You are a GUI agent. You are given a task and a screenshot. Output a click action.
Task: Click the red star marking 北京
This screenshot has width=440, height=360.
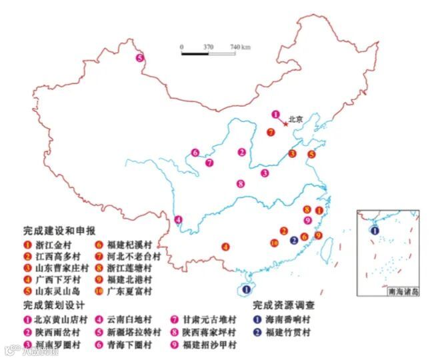pyautogui.click(x=286, y=123)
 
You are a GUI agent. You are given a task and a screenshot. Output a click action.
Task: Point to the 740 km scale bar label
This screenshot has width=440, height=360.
pyautogui.click(x=240, y=47)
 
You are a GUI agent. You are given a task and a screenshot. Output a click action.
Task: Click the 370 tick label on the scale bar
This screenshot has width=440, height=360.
pyautogui.click(x=208, y=47)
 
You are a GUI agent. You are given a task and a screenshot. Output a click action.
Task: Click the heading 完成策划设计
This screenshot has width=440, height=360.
pyautogui.click(x=49, y=306)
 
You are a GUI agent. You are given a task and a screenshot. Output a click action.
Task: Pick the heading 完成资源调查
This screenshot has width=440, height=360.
pyautogui.click(x=284, y=306)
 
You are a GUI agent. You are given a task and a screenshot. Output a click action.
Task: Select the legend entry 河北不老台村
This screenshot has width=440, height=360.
pyautogui.click(x=137, y=256)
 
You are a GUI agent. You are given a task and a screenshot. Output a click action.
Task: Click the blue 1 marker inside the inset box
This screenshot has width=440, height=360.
pyautogui.click(x=375, y=230)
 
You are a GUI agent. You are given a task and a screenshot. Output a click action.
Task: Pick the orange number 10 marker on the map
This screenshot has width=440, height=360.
pyautogui.click(x=275, y=243)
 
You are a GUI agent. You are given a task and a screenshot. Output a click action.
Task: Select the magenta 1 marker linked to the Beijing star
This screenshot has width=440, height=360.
pyautogui.click(x=275, y=115)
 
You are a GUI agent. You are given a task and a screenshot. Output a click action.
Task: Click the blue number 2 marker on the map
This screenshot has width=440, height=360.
pyautogui.click(x=294, y=240)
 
